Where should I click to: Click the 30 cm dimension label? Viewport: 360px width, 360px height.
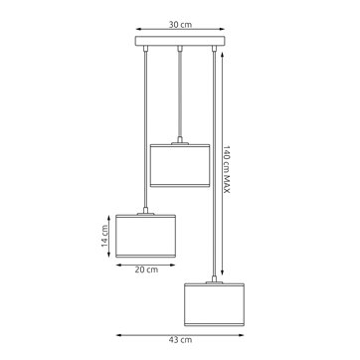[x=179, y=19]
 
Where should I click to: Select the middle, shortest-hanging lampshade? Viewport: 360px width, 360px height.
[x=179, y=164]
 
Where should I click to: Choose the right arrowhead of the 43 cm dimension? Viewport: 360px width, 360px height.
[x=245, y=333]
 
